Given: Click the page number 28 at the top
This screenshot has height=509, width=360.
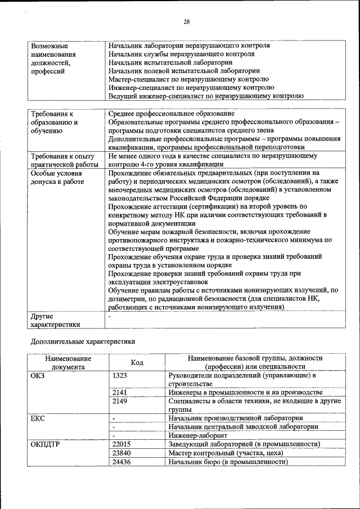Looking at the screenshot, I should click(x=187, y=21).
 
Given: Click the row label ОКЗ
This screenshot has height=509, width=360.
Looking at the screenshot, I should click(x=37, y=375).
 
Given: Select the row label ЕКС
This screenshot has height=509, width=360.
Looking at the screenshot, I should click(x=37, y=418).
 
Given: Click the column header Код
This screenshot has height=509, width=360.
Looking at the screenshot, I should click(x=137, y=363).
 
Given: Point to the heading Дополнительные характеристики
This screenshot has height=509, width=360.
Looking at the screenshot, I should click(x=82, y=341).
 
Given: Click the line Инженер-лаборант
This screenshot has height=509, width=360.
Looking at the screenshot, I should click(x=197, y=435).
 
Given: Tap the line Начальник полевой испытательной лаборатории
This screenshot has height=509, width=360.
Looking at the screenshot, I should click(x=184, y=71).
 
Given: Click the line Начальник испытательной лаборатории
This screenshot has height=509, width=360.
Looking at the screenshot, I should click(x=170, y=62).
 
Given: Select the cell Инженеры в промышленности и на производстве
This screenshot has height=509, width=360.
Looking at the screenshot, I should click(x=245, y=392).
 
